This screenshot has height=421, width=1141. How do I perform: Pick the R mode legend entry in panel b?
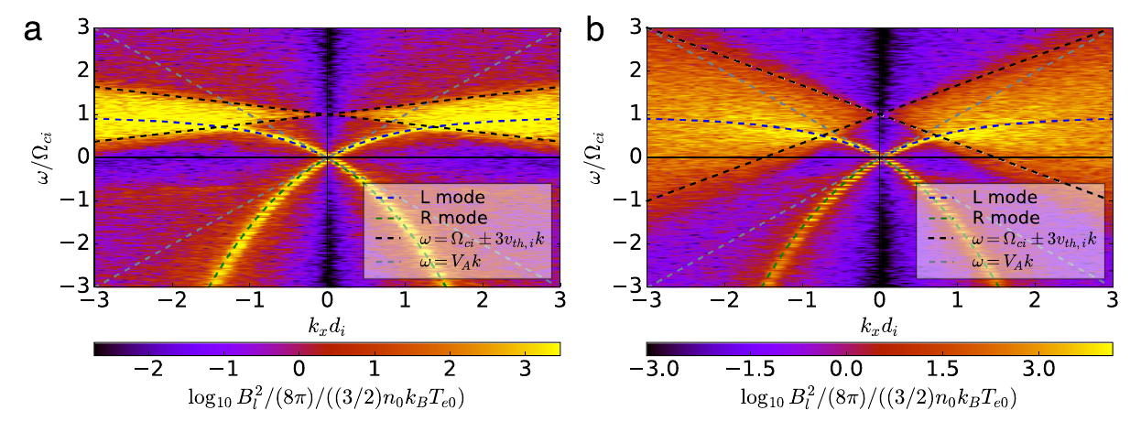coord(998,219)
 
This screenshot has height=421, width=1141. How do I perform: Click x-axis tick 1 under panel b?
coord(957,301)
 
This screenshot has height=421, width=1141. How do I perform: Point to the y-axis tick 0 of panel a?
coord(81,157)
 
